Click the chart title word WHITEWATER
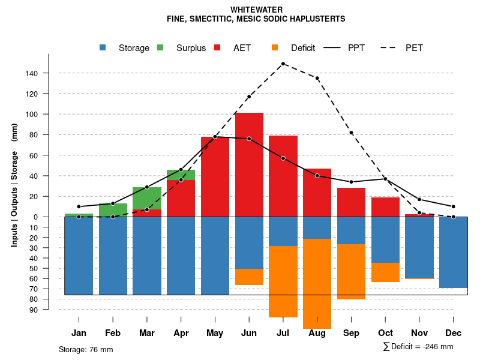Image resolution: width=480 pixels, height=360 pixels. pyautogui.click(x=256, y=10)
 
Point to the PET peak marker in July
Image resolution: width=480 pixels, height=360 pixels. pyautogui.click(x=283, y=64)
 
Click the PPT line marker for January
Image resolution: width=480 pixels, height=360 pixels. pyautogui.click(x=79, y=206)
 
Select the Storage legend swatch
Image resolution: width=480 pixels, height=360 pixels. pyautogui.click(x=103, y=48)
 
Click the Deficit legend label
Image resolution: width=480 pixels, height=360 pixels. pyautogui.click(x=303, y=48)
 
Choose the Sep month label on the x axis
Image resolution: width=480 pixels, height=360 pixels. pyautogui.click(x=351, y=333)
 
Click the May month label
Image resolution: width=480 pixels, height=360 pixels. pyautogui.click(x=215, y=333)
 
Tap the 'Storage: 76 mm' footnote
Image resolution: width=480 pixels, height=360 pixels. pyautogui.click(x=86, y=349)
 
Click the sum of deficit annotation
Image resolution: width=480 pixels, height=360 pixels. pyautogui.click(x=418, y=346)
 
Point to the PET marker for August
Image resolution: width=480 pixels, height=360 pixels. pyautogui.click(x=317, y=78)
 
